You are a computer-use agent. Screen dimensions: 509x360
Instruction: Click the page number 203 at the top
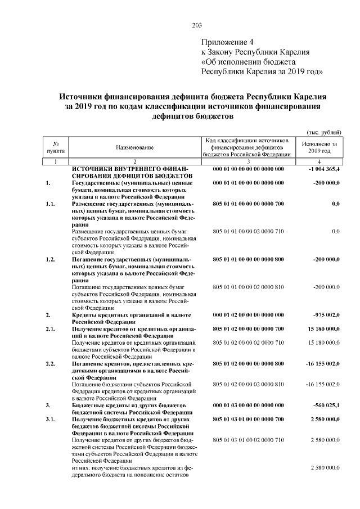tap(197, 25)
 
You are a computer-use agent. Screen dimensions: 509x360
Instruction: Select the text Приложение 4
tap(228, 43)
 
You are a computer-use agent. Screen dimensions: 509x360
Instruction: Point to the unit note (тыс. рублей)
tap(323, 132)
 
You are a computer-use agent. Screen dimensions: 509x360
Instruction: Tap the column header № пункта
tap(56, 147)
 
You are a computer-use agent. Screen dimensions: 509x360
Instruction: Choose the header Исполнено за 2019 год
tap(319, 147)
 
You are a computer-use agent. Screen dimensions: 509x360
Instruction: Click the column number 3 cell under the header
tap(247, 161)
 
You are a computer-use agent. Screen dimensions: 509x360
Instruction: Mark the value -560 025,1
tap(325, 405)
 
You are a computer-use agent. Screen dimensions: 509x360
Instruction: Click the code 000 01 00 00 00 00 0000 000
tap(248, 169)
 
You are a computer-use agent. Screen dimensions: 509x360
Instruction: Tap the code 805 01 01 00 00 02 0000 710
tap(248, 231)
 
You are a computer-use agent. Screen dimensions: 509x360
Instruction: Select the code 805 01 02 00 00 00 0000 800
tap(248, 363)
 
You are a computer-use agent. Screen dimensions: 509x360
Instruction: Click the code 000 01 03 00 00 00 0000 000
tap(248, 405)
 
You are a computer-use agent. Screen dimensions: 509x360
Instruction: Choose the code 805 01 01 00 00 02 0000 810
tap(248, 287)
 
